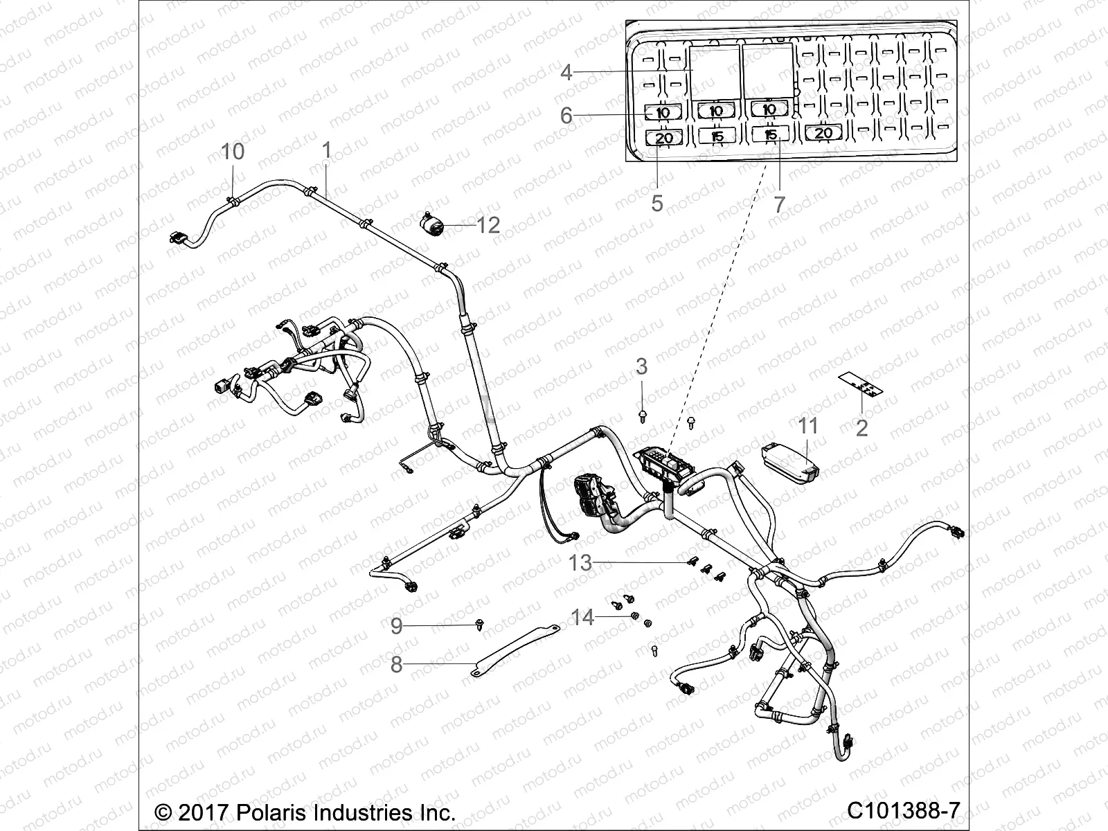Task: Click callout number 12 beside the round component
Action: [x=489, y=225]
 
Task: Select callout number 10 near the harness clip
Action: [x=233, y=152]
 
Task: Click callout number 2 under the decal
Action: [x=861, y=427]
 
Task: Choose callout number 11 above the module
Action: [x=809, y=426]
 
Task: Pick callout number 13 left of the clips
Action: [x=580, y=563]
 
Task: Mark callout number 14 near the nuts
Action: [x=582, y=616]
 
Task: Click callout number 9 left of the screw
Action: [x=396, y=626]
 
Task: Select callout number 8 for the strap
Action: [x=396, y=665]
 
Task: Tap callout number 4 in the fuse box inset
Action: [x=566, y=72]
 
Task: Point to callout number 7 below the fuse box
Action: [x=779, y=204]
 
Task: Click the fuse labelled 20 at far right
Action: [x=823, y=133]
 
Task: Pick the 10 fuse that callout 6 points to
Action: [x=663, y=112]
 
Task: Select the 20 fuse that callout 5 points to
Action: [x=663, y=138]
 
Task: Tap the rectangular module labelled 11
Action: [x=790, y=463]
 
